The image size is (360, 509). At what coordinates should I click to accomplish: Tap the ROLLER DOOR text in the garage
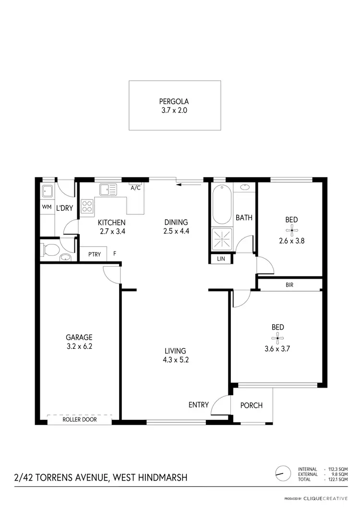coord(80,420)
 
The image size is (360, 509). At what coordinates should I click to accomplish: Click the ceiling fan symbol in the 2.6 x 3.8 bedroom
coord(291,230)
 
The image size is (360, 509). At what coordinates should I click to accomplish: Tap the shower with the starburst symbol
coord(222,239)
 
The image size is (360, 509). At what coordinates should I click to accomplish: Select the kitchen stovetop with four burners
coord(87,207)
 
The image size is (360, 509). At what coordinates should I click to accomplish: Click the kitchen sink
coord(108,190)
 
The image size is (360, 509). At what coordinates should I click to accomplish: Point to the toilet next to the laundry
coord(51,249)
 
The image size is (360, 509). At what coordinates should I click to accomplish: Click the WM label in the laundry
coord(47,208)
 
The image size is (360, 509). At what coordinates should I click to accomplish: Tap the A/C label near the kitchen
coord(135,188)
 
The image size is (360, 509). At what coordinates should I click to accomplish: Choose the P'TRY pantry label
coord(94,254)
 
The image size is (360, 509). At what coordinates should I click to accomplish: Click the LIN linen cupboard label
coord(221,259)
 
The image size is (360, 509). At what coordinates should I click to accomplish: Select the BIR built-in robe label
coord(289,284)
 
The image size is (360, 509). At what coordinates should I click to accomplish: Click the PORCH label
coord(252,405)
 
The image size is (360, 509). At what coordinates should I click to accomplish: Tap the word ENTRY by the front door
coord(198,405)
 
